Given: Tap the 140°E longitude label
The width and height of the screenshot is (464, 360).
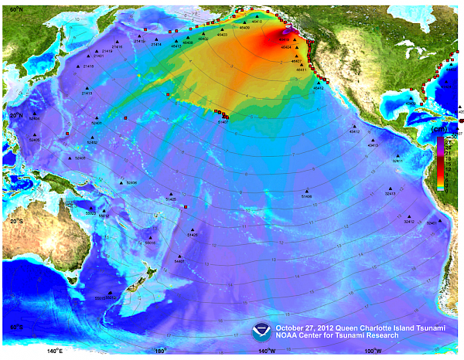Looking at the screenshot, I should click(x=54, y=352).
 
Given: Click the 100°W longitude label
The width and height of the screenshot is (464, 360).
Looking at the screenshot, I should click(x=373, y=352).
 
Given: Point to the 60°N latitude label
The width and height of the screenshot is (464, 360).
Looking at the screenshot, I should click(x=10, y=8).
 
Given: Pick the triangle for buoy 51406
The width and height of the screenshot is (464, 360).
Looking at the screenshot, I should click(x=306, y=191).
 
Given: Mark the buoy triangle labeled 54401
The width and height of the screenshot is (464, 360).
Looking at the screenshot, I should click(x=179, y=256).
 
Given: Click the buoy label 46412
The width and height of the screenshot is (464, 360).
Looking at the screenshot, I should click(x=318, y=89).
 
